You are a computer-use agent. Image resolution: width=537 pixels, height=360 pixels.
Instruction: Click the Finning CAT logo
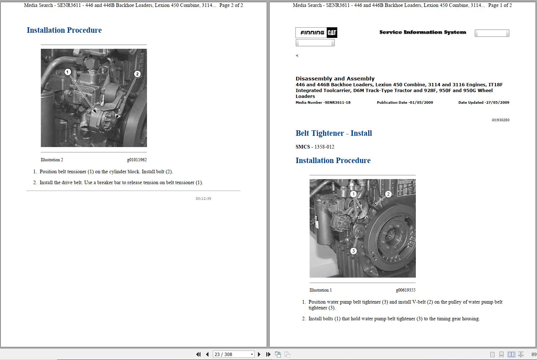(x=316, y=32)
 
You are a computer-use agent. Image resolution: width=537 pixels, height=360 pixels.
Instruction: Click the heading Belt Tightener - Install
(x=334, y=133)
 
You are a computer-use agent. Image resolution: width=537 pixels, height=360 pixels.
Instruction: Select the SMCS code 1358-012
(x=324, y=147)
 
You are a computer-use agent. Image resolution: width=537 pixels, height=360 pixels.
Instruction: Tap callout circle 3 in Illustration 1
(x=353, y=251)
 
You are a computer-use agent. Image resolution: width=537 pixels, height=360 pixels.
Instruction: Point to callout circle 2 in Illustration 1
(x=388, y=194)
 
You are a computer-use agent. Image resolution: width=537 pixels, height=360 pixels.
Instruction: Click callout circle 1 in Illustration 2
(x=67, y=72)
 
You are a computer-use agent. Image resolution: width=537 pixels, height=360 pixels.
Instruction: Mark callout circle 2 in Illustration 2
(x=137, y=74)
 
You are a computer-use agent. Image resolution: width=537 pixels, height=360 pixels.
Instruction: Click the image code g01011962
(x=137, y=160)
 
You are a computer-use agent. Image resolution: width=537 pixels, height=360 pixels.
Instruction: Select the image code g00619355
(x=406, y=290)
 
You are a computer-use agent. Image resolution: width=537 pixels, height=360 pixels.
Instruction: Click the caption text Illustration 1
(x=321, y=290)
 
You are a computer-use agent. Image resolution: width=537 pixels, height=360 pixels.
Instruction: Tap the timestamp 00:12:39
(x=203, y=199)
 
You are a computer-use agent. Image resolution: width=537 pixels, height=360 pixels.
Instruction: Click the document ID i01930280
(x=500, y=120)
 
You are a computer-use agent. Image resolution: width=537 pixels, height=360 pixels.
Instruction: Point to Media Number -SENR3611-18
(x=323, y=103)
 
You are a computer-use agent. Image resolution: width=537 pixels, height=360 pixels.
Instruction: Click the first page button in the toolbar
(x=198, y=354)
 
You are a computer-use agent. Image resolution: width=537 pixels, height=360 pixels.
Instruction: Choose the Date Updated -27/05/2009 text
(x=484, y=103)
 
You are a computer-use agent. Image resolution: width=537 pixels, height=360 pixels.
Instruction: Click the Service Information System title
(x=422, y=32)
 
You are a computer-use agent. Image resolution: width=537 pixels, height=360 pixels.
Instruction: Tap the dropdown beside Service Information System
(x=492, y=33)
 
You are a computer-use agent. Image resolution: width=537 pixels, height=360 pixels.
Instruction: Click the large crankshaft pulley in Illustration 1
(x=391, y=233)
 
